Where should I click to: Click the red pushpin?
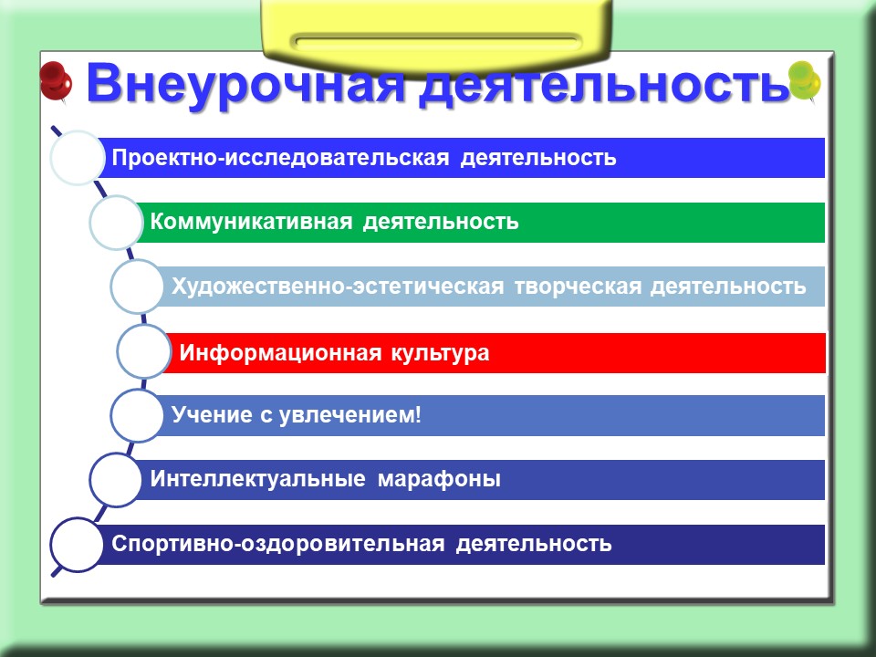[56, 81]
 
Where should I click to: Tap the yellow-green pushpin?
[805, 81]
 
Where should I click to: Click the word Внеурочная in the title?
[245, 85]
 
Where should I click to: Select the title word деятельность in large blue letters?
[604, 84]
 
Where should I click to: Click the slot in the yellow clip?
[436, 43]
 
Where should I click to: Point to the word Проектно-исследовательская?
[280, 158]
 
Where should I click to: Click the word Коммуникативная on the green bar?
[252, 222]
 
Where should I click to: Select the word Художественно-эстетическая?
[338, 287]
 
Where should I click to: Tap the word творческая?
[578, 287]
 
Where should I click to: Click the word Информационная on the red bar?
[280, 353]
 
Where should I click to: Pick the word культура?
[440, 354]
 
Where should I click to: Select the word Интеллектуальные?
[257, 479]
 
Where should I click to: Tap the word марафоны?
[439, 480]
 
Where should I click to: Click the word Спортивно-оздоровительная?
[278, 544]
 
